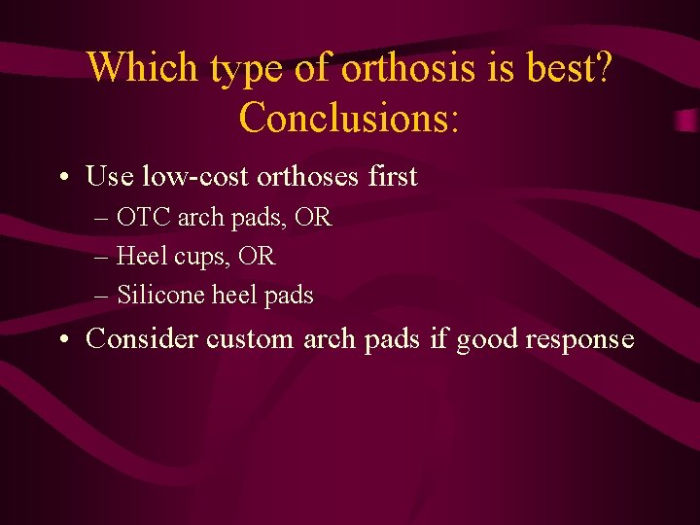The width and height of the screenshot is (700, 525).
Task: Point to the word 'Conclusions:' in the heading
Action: (349, 118)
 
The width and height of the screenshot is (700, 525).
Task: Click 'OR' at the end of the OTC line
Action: (313, 218)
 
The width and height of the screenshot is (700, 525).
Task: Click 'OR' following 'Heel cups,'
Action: (257, 257)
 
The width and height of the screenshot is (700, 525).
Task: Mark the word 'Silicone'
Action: (157, 296)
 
